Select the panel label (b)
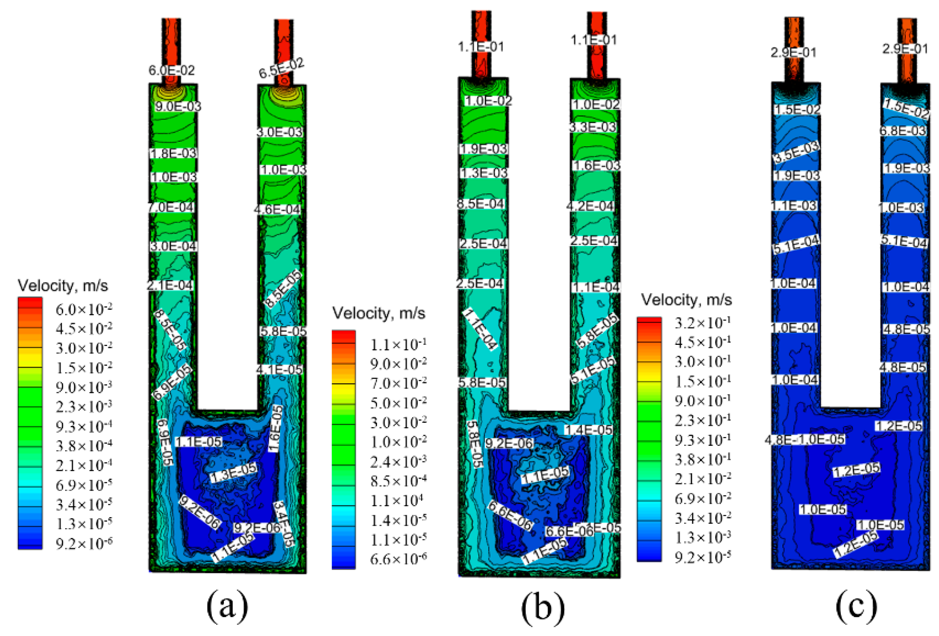[542, 608]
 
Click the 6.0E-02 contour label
[172, 70]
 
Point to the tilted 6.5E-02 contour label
[281, 68]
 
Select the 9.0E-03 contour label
[178, 107]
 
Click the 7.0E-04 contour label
[171, 208]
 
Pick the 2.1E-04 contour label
[170, 285]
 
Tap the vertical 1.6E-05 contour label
[276, 428]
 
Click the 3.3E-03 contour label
[593, 127]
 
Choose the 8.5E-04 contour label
[480, 204]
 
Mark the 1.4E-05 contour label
[588, 430]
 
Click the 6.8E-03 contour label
[903, 131]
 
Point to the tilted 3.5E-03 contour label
[796, 152]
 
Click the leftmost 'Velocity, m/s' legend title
[63, 286]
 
